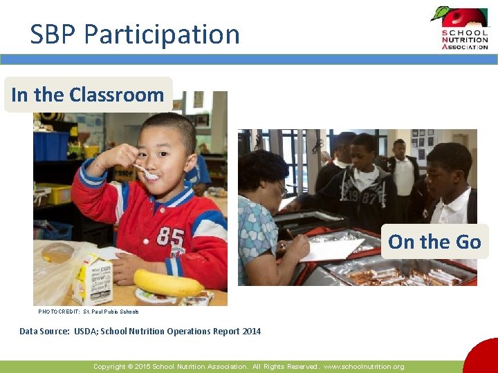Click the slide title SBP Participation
135,34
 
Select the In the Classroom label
88,95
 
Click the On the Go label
434,242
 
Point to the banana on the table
168,283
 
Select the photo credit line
89,312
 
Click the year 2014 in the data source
251,332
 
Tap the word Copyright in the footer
110,367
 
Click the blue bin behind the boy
51,145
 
